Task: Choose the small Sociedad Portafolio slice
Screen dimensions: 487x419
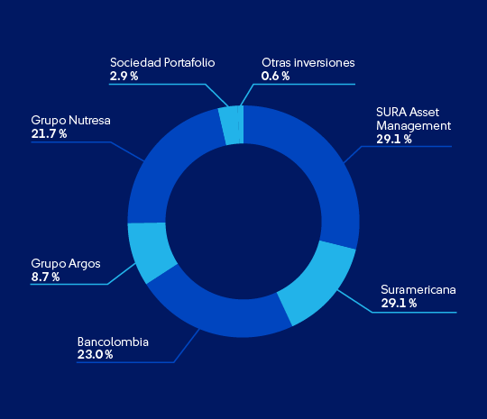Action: coord(231,125)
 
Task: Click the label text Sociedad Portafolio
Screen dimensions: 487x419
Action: coord(162,63)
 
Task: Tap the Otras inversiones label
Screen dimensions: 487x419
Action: coord(308,63)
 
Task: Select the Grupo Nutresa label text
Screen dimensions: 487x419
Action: coord(71,121)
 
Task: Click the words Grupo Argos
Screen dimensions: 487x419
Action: coord(66,264)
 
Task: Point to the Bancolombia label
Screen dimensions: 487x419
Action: coord(113,342)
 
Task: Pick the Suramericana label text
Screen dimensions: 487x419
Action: coord(418,290)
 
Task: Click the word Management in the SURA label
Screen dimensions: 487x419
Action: coord(413,126)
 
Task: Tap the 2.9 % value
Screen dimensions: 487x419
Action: coord(124,77)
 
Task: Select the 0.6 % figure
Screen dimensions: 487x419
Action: coord(275,77)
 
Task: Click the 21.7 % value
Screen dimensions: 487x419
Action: coord(49,134)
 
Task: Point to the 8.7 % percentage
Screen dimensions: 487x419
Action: coord(45,278)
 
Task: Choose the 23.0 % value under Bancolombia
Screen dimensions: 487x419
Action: coord(95,355)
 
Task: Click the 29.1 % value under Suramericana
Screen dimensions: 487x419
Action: coord(400,304)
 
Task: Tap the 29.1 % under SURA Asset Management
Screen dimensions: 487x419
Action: coord(394,140)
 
